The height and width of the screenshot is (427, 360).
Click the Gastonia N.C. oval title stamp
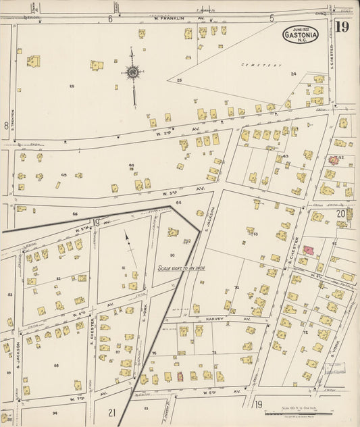(301, 33)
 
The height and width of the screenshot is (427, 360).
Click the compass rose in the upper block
(133, 72)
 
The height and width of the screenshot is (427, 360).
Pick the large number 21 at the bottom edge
(111, 412)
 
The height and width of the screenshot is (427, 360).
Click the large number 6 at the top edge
(110, 19)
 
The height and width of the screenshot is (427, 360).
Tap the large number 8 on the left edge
(6, 126)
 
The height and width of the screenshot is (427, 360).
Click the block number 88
(56, 366)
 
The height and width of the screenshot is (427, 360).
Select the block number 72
(305, 332)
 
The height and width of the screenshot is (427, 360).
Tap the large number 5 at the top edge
(272, 18)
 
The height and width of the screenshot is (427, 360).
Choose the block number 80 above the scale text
(172, 255)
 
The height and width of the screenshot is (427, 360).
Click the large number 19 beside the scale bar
(258, 404)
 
